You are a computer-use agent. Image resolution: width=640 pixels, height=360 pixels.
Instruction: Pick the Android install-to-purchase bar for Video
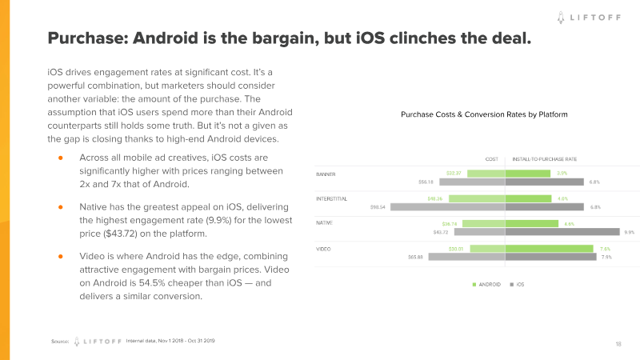550,249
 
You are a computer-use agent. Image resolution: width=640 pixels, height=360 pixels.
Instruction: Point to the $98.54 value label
378,207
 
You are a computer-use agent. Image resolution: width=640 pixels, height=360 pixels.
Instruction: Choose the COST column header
492,158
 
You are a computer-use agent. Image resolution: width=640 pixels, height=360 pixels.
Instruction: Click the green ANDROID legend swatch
474,285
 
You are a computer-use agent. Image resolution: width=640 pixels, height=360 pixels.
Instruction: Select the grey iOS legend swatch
510,285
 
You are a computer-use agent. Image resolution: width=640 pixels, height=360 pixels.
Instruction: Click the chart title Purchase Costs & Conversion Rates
484,115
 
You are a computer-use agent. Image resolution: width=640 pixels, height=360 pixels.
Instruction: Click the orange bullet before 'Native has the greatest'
60,206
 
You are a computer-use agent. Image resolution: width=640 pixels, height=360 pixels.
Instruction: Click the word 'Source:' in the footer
60,341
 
